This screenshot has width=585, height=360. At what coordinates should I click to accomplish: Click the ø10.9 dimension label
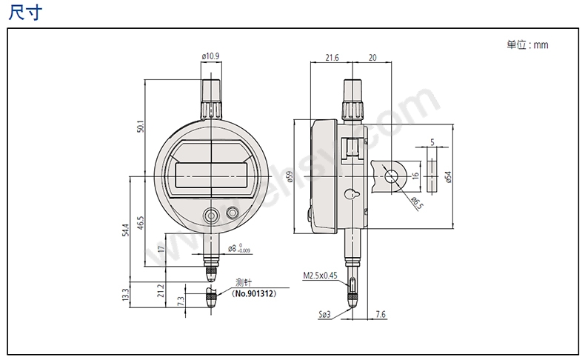point(210,56)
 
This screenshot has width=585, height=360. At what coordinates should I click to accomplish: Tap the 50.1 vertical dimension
point(140,127)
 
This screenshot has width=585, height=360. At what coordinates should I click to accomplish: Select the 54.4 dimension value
point(125,230)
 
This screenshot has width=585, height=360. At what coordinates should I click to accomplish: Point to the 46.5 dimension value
point(140,223)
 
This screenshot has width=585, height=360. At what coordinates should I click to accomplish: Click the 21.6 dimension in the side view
point(332,58)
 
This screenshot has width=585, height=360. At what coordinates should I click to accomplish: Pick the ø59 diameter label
point(290,176)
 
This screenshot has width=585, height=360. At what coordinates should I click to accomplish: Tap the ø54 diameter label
point(448,176)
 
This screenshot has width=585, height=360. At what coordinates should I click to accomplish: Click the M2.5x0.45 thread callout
point(320,276)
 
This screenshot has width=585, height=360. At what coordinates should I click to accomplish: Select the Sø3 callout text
point(324,315)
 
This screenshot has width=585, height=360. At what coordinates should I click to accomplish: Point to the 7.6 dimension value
point(380,315)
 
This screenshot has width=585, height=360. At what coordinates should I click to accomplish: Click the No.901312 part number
point(254,293)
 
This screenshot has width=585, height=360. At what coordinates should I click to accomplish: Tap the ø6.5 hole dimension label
point(418,202)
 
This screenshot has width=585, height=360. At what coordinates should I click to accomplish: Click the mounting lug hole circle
point(392,176)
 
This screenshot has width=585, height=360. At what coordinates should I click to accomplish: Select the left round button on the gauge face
point(210,216)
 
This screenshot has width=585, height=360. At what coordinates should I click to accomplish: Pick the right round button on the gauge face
point(232,213)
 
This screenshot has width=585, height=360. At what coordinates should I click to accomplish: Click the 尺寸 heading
point(25,13)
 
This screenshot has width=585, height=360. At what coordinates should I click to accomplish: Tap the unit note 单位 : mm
point(527,44)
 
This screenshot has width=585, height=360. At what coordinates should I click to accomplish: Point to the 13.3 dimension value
point(125,295)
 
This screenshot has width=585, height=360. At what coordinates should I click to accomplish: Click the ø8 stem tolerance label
point(238,248)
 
